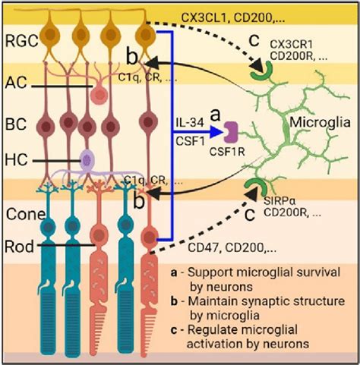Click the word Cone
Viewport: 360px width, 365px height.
coord(21,216)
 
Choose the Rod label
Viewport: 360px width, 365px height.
coord(19,244)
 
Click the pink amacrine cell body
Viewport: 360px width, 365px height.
coord(98,93)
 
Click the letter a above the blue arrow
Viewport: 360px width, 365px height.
coord(213,113)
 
